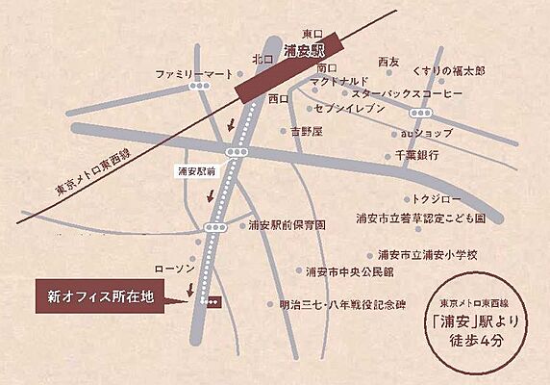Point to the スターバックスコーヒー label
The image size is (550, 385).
click(x=408, y=94)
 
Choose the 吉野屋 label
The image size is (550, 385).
click(x=309, y=130)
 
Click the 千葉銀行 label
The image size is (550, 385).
click(x=416, y=154)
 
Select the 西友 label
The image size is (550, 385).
click(x=389, y=62)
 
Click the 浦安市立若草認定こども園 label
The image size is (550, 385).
click(x=419, y=218)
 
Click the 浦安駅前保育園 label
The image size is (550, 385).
click(x=287, y=224)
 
